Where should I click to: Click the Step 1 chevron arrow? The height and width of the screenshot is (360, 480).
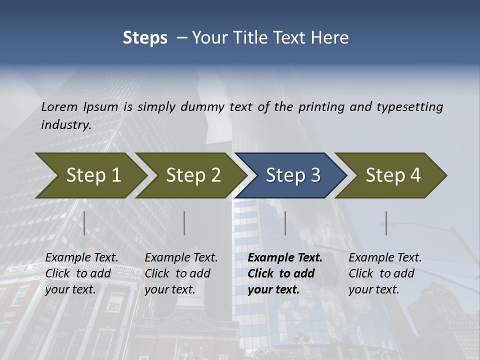92,175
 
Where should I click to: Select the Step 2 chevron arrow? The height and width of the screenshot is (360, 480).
192,175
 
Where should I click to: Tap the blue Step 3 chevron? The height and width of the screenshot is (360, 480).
292,175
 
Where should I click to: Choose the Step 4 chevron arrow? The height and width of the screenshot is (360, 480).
392,175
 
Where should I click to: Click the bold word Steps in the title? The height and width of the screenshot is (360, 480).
145,38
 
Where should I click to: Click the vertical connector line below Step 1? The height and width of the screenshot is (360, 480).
84,223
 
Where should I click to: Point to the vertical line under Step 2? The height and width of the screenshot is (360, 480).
184,223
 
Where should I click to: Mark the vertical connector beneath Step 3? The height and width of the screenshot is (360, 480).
285,223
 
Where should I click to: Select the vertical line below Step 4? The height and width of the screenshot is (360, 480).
386,223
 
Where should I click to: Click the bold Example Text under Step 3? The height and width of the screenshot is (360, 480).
285,258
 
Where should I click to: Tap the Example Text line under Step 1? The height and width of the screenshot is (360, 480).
81,258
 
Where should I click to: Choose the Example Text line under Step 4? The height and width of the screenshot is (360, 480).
385,258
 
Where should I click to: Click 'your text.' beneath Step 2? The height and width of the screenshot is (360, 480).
170,289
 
